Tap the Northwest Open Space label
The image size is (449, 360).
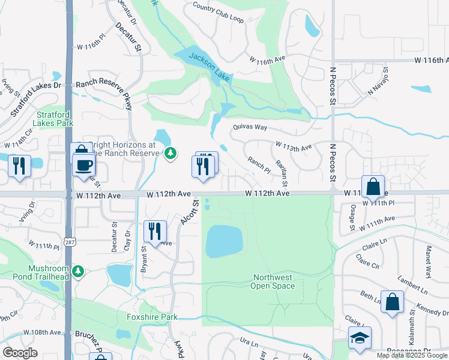tap(274, 281)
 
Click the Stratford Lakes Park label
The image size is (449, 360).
tap(54, 119)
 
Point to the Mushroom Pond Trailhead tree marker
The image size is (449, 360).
tap(77, 272)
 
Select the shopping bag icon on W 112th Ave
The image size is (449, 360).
tap(373, 186)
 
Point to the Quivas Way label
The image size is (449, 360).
tap(250, 127)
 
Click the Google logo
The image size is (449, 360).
tap(20, 353)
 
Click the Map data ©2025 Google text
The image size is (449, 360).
tap(412, 355)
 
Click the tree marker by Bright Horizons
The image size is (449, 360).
tap(171, 154)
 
